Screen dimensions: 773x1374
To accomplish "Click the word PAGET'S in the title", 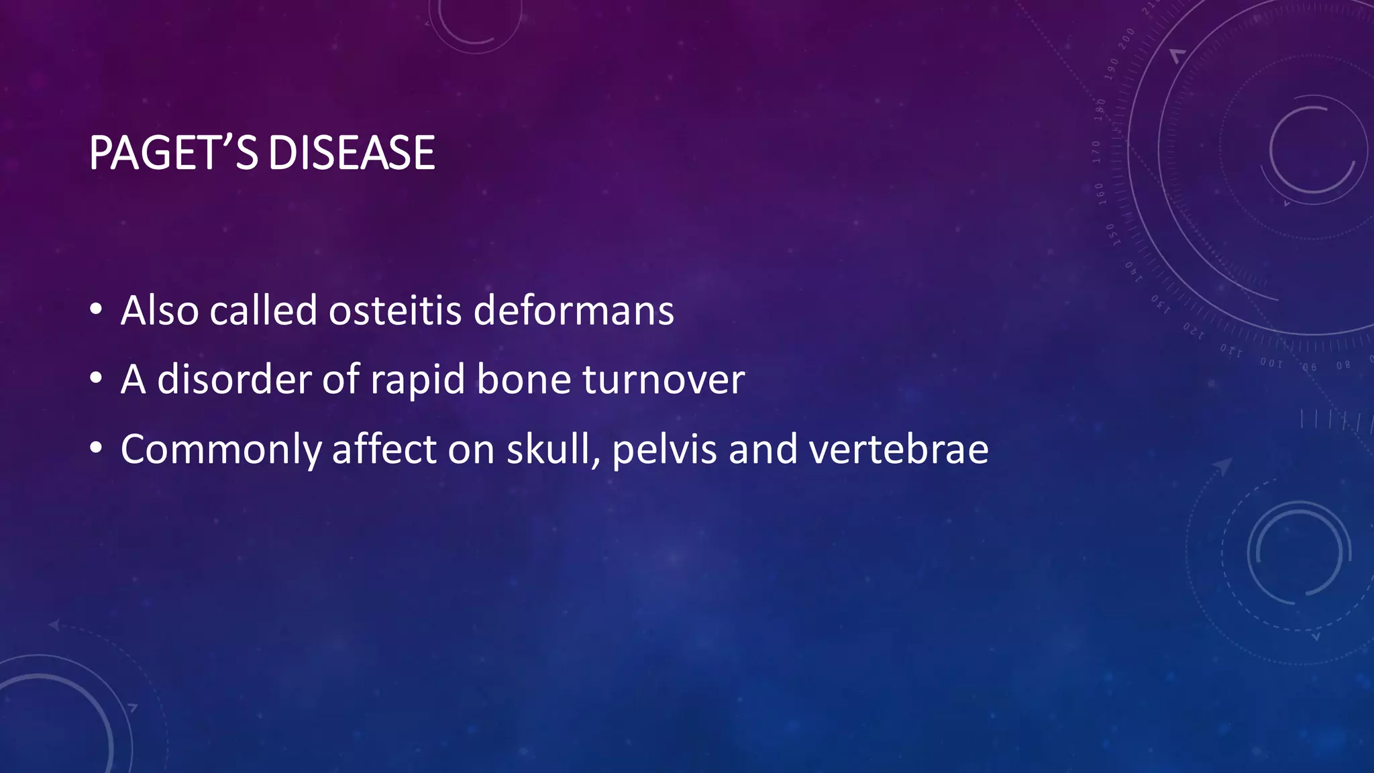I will pyautogui.click(x=173, y=153).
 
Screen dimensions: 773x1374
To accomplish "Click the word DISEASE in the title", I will pyautogui.click(x=352, y=153).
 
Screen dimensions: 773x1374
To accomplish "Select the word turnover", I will pyautogui.click(x=664, y=380).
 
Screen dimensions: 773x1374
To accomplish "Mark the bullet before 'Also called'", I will pyautogui.click(x=96, y=309).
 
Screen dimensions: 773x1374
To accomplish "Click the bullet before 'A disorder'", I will pyautogui.click(x=96, y=378).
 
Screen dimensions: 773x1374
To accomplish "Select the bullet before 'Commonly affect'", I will pyautogui.click(x=96, y=448).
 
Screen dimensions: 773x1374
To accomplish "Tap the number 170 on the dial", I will pyautogui.click(x=1096, y=152).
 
